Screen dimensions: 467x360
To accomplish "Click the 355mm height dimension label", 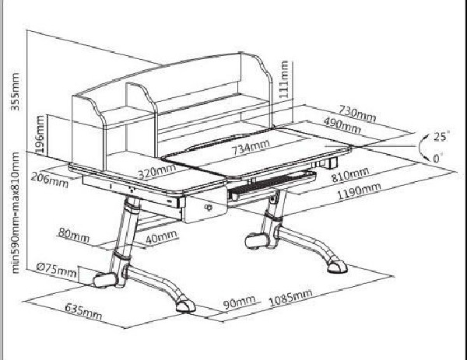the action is point(15,92).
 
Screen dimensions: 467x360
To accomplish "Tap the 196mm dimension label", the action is point(40,135).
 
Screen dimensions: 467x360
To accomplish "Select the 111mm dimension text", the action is point(284,79).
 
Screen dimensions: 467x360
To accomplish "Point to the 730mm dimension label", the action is point(357,114).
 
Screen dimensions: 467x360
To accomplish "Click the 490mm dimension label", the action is point(342,125).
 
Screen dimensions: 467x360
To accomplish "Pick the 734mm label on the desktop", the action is point(251,147).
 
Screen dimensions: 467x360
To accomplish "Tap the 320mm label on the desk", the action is point(157,171).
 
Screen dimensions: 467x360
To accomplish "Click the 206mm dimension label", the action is point(50,180).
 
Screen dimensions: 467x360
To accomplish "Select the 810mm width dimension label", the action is point(350,175).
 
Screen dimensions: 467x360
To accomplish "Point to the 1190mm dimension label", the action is point(359,191).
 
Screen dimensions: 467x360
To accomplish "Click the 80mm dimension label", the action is point(74,235).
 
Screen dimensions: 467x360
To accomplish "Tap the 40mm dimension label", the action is point(161,237).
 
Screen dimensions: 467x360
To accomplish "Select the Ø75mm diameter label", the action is point(57,270).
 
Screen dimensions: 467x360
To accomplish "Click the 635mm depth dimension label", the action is point(83,311).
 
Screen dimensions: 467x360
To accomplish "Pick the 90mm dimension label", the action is point(239,302).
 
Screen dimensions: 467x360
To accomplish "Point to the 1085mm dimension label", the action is point(290,298).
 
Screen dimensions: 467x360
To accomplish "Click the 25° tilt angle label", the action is point(441,137).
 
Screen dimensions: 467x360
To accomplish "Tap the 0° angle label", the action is point(437,158).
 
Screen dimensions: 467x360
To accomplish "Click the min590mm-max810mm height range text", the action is point(15,213).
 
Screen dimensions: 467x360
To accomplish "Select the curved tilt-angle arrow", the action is point(420,146).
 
